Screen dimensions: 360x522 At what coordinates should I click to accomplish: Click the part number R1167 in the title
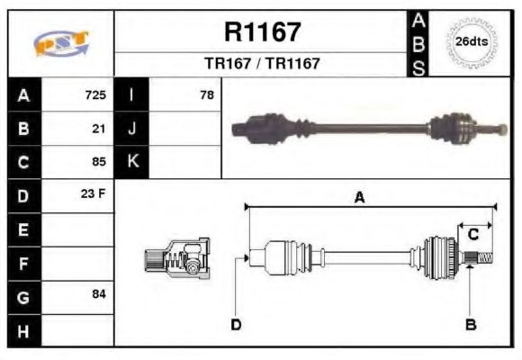[x=261, y=32]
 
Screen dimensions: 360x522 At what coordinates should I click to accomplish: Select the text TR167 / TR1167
[x=261, y=64]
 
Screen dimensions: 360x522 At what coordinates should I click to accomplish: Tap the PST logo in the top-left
[x=60, y=43]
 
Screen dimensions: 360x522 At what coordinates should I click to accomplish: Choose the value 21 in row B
[x=99, y=129]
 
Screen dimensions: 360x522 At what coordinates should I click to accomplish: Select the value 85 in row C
[x=99, y=162]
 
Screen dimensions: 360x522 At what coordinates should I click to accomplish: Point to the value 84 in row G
[x=99, y=295]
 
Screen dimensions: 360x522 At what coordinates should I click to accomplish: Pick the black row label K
[x=132, y=162]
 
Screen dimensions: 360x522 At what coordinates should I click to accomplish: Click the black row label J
[x=132, y=129]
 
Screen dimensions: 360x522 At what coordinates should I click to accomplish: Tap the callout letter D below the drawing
[x=236, y=324]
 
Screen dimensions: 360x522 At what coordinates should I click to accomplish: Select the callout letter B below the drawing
[x=470, y=324]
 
